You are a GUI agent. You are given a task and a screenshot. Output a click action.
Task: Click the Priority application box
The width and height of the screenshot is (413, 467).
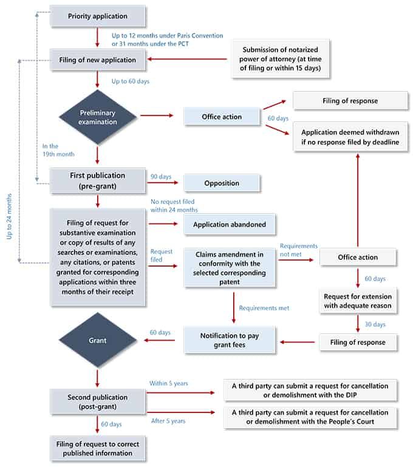point(97,16)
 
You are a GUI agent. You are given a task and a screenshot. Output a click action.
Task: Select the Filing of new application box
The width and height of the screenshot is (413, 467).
point(97,60)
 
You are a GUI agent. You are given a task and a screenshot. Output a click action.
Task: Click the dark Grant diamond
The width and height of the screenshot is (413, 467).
point(97,341)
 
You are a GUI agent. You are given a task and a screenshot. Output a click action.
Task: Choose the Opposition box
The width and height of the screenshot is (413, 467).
point(221,183)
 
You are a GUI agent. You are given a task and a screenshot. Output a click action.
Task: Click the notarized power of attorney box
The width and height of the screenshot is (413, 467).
point(281,60)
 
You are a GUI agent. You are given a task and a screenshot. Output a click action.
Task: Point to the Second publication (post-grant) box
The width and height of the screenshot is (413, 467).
point(97,402)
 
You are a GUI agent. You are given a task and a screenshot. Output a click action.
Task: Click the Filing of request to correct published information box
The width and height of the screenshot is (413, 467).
point(97,448)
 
